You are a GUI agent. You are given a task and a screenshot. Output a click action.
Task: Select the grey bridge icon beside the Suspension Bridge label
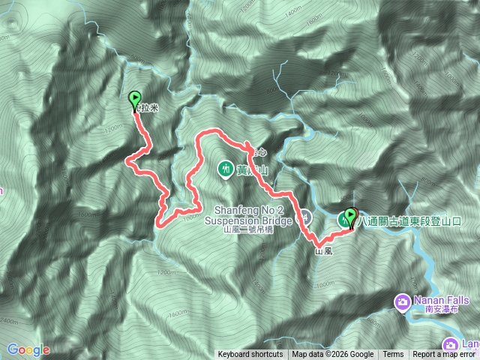[306, 218]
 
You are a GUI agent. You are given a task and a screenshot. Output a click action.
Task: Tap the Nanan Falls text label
[442, 299]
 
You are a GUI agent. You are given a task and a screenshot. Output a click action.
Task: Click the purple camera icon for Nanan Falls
[402, 301]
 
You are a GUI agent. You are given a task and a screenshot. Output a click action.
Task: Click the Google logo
[28, 349]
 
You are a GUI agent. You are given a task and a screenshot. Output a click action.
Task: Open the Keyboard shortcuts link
[250, 355]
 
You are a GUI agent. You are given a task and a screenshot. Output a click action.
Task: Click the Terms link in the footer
[393, 355]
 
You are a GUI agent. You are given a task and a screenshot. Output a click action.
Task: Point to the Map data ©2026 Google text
[333, 355]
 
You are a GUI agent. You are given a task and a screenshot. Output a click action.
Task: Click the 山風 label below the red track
[323, 253]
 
